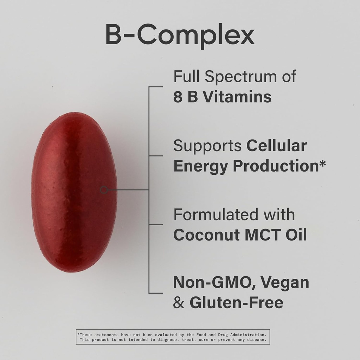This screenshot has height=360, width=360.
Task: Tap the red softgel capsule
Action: [74, 192]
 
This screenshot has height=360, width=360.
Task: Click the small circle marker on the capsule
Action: [103, 190]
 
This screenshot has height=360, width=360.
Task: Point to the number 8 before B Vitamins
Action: [178, 97]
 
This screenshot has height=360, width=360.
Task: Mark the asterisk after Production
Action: [322, 164]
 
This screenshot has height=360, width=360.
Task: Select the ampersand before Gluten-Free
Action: [179, 303]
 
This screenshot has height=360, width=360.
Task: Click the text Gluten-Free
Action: [237, 303]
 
